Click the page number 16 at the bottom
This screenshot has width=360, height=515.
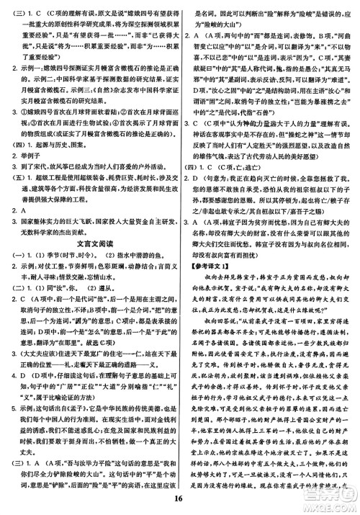[180, 505]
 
